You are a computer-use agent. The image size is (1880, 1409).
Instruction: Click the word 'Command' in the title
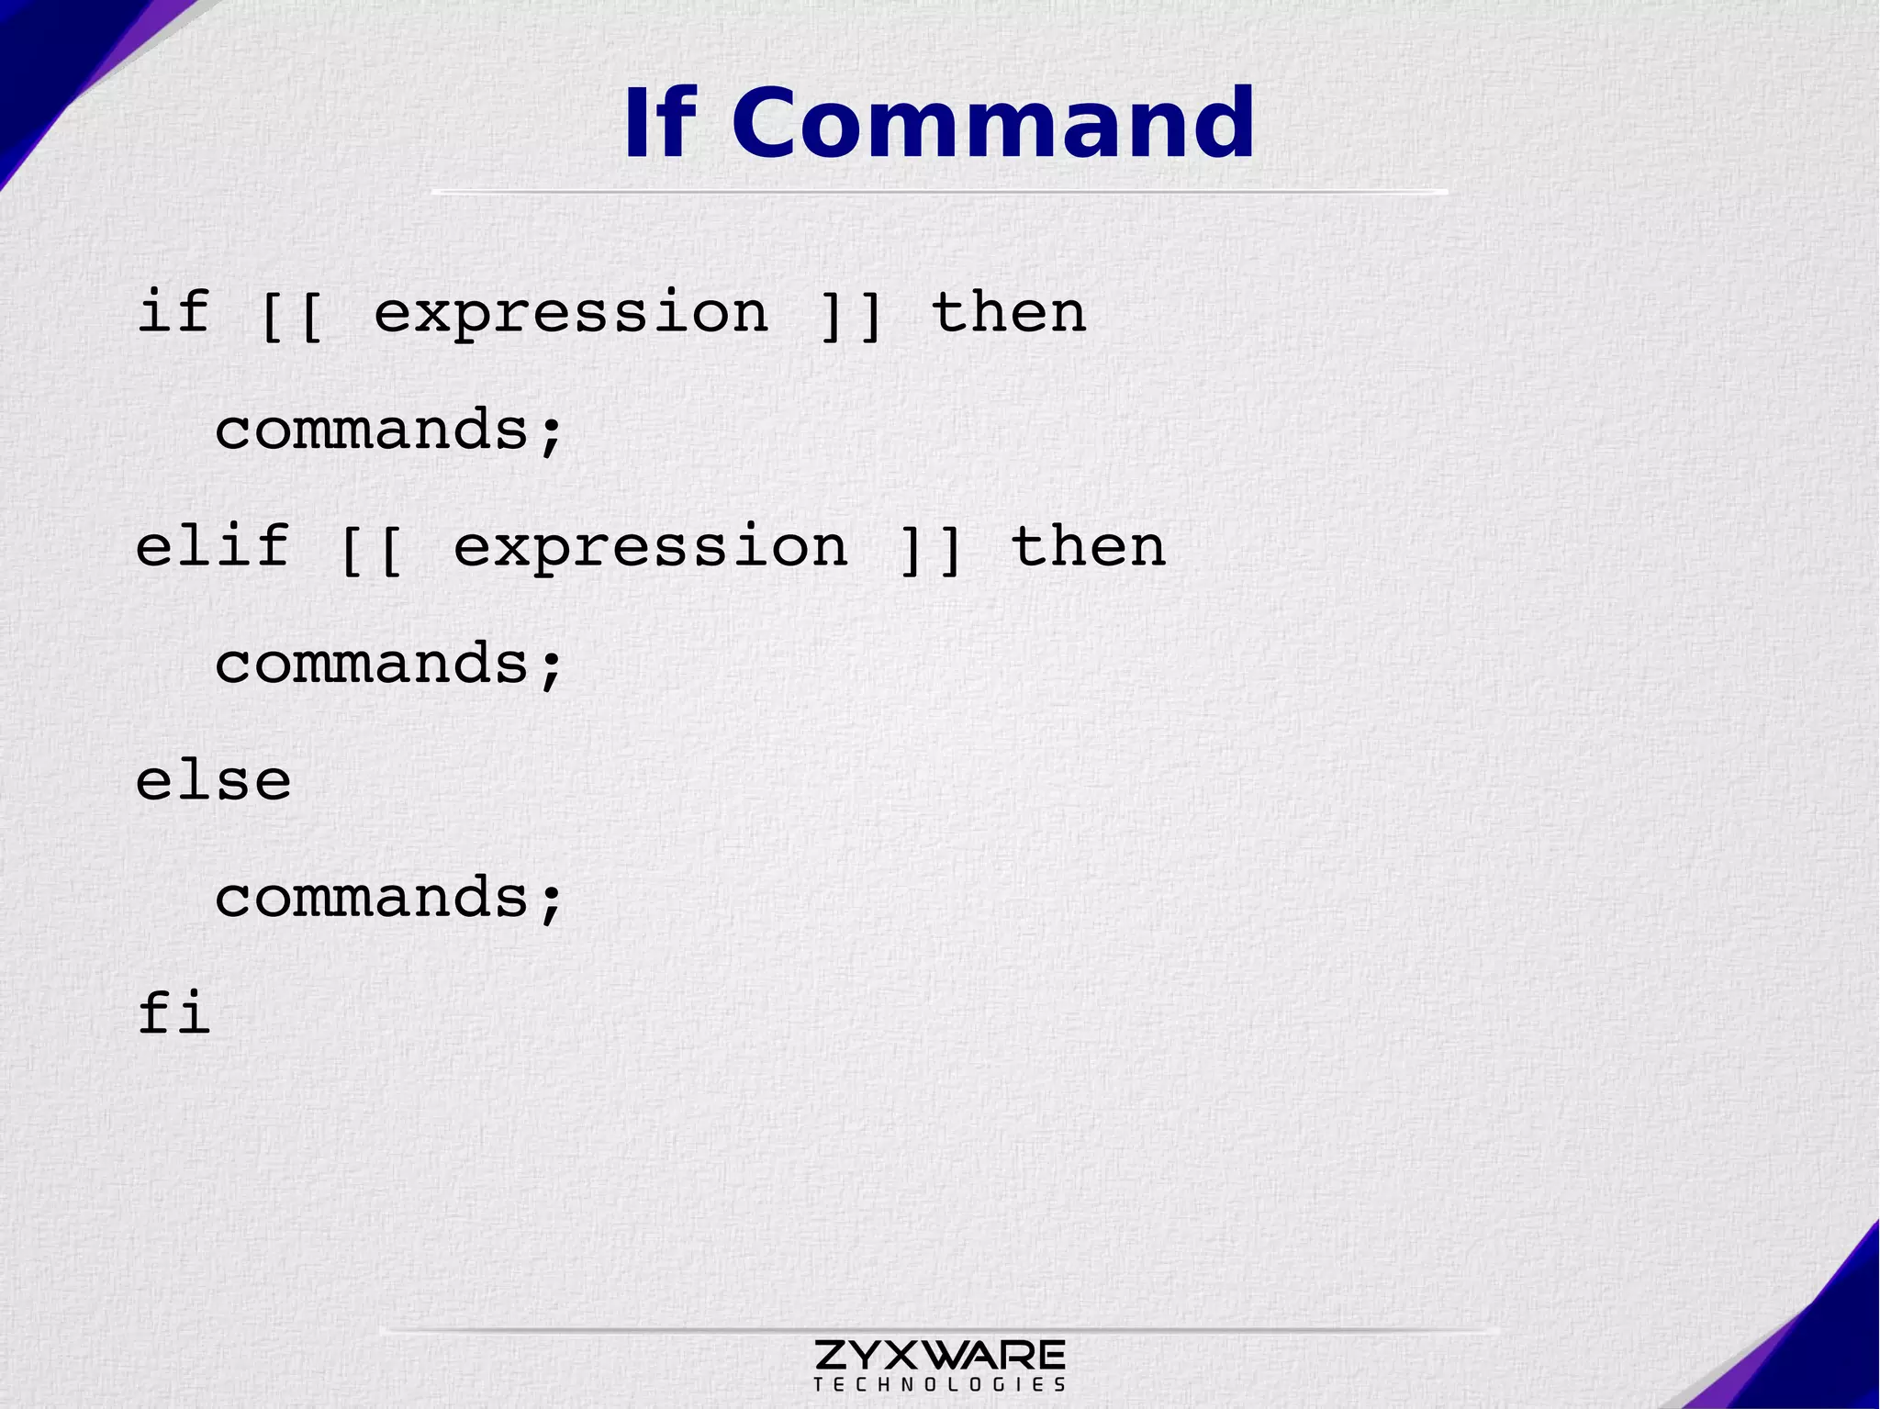click(993, 124)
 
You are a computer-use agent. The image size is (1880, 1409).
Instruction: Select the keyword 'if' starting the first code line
click(174, 312)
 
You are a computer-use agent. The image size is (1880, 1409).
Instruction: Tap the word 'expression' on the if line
click(571, 314)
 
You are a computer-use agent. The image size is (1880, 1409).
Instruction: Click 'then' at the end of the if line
click(1009, 312)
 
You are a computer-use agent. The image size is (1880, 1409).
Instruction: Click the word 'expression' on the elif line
click(651, 548)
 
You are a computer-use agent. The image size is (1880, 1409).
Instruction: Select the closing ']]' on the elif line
click(930, 548)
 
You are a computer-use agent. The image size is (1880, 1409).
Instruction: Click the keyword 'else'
click(213, 781)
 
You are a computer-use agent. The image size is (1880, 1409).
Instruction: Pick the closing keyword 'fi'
click(174, 1013)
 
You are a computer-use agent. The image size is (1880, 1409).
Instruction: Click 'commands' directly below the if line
click(372, 430)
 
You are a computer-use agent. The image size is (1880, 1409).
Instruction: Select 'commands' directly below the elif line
click(372, 663)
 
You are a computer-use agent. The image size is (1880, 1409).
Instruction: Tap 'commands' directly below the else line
click(372, 897)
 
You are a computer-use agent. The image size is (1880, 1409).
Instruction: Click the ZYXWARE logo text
click(939, 1354)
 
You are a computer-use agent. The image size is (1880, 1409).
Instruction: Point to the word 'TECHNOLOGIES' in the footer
click(939, 1384)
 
